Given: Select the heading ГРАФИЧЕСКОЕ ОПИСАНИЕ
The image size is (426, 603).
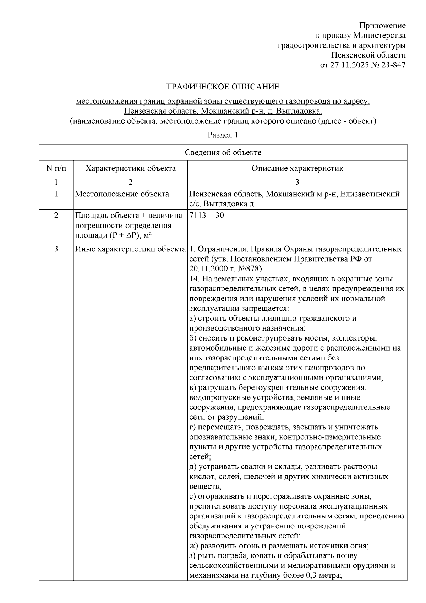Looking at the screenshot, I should click(x=223, y=87).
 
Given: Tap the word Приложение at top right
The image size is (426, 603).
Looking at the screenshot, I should click(x=382, y=25).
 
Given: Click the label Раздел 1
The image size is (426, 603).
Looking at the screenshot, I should click(x=223, y=135).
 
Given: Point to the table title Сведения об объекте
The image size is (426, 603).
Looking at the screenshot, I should click(x=223, y=152).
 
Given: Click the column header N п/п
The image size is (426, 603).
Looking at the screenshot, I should click(x=56, y=168).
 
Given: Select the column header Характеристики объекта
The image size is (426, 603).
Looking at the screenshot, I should click(x=130, y=168).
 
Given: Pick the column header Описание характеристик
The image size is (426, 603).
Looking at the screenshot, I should click(x=297, y=168).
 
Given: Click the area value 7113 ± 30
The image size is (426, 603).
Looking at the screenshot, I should click(x=207, y=216).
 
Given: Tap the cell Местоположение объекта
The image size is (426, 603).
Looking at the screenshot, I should click(x=122, y=194).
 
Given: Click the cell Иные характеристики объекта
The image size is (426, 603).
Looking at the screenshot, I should click(x=130, y=249).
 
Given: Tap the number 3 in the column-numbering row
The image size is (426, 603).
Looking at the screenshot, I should click(x=297, y=182).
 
